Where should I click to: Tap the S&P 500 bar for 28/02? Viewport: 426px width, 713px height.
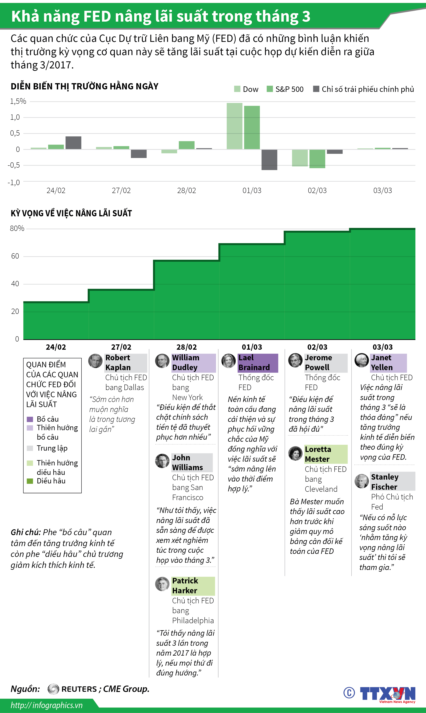click(187, 145)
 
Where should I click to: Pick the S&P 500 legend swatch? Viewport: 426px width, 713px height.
click(270, 89)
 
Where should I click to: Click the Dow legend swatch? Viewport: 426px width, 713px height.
click(237, 89)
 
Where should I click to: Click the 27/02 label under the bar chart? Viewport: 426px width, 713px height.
click(121, 190)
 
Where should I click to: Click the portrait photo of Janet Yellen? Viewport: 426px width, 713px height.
click(361, 360)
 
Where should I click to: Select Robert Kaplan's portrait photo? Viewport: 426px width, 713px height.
click(95, 361)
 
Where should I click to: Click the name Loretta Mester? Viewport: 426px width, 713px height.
click(318, 454)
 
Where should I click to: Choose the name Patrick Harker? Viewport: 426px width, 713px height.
click(185, 586)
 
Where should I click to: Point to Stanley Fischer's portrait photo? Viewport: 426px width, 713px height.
click(361, 481)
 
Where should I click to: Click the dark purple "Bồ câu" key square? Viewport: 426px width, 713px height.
click(30, 419)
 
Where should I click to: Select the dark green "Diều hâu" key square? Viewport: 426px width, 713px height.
click(30, 481)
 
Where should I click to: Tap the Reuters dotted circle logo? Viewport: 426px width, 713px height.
click(53, 689)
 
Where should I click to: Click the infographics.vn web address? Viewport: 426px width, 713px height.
click(47, 705)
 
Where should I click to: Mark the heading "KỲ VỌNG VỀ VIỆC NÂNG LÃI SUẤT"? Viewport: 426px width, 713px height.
click(71, 213)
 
